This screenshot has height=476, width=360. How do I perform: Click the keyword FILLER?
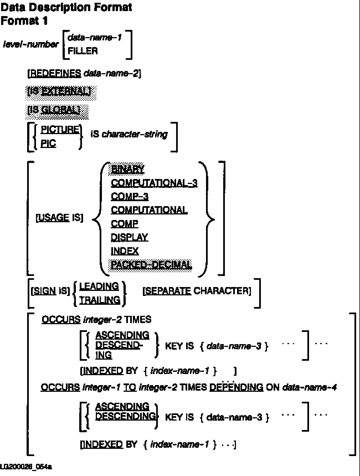83,51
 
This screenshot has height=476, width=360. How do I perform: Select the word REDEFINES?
55,73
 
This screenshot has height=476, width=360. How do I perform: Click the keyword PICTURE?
60,129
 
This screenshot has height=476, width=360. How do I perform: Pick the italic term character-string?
135,134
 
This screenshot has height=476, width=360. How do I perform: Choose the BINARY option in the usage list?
128,169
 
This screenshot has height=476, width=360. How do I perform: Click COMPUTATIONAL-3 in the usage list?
154,183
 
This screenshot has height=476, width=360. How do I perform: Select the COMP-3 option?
130,196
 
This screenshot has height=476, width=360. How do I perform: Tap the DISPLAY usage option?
129,237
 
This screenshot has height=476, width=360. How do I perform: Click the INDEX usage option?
125,251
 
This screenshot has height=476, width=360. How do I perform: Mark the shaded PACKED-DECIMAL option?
151,265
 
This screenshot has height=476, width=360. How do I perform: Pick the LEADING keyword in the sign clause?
99,286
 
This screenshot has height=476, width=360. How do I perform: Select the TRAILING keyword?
100,300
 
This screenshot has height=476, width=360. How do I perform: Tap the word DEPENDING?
236,387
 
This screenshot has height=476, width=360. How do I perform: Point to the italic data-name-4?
309,387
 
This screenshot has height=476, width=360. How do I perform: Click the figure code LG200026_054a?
26,467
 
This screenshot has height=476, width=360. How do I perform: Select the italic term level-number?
30,44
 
